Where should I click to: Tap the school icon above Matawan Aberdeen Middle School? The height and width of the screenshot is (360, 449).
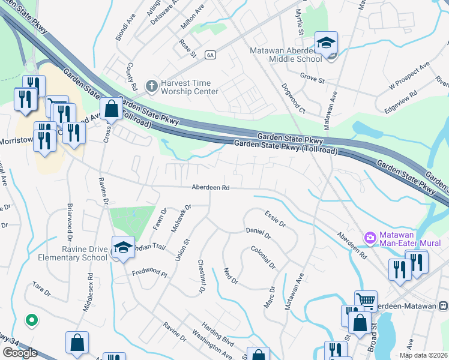[x=326, y=43]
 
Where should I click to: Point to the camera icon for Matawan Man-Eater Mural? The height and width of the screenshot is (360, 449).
[x=370, y=238]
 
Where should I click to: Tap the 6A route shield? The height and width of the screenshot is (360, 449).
[x=209, y=55]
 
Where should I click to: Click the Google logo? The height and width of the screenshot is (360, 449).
[x=20, y=352]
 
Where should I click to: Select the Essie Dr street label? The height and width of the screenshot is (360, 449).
[x=275, y=219]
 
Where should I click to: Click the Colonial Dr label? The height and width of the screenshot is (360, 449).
[x=263, y=257]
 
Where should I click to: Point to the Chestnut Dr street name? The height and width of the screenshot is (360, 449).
[x=202, y=277]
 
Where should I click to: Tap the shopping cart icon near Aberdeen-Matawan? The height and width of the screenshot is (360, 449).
[x=366, y=299]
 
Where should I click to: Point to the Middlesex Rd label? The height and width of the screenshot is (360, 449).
[x=89, y=294]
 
